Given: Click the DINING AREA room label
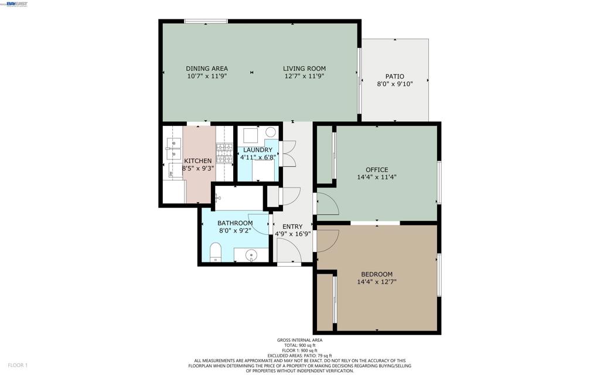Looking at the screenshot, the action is pos(207,69).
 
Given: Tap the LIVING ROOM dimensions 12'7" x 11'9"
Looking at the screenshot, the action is pos(304,76).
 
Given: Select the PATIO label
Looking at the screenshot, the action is pos(394,77).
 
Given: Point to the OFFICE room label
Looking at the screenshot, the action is pos(377,169).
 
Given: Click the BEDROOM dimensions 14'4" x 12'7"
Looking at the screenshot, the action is pos(377,282).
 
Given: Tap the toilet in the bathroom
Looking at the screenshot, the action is pos(216,252).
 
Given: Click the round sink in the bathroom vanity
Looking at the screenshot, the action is pos(251,255).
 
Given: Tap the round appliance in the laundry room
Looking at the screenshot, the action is pos(271,132).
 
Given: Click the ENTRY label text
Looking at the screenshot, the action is pos(292,227).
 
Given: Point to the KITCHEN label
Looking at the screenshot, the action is pos(198,161).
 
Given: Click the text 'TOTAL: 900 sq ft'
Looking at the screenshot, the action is pos(299,345).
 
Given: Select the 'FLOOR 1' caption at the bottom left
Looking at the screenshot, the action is pos(18,365).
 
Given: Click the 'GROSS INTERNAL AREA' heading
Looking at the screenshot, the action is pos(299,340).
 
